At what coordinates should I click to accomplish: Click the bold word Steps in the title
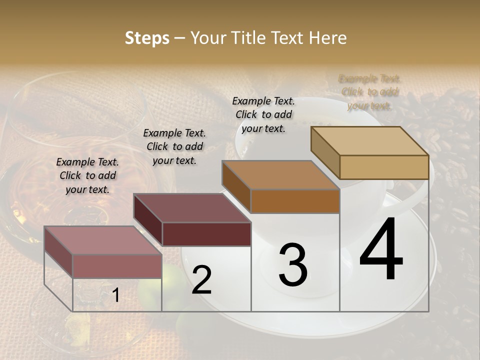(147, 38)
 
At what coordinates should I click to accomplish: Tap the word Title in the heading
(250, 38)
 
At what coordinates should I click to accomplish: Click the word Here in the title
(328, 38)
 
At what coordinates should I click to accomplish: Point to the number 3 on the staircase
(293, 264)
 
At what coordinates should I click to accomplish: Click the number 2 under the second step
(201, 280)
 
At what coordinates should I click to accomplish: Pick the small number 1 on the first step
(115, 295)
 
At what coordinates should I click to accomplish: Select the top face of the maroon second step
(192, 208)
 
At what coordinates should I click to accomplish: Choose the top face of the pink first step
(103, 240)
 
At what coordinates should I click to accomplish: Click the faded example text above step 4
(369, 92)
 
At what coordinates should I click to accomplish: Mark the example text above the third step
(263, 114)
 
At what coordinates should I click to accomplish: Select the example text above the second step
(174, 146)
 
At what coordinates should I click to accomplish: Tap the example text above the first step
(87, 175)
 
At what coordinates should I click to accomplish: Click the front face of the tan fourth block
(384, 167)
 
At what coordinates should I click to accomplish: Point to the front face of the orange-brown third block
(295, 201)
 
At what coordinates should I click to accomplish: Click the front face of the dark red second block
(206, 234)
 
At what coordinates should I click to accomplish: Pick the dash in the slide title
(180, 38)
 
